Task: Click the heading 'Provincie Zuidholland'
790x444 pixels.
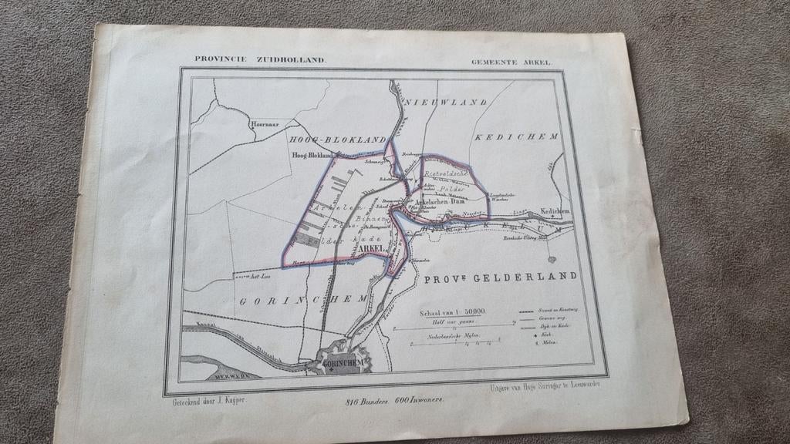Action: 260,59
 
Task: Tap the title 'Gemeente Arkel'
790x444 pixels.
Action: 511,62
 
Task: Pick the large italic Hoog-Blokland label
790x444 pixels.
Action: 336,140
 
